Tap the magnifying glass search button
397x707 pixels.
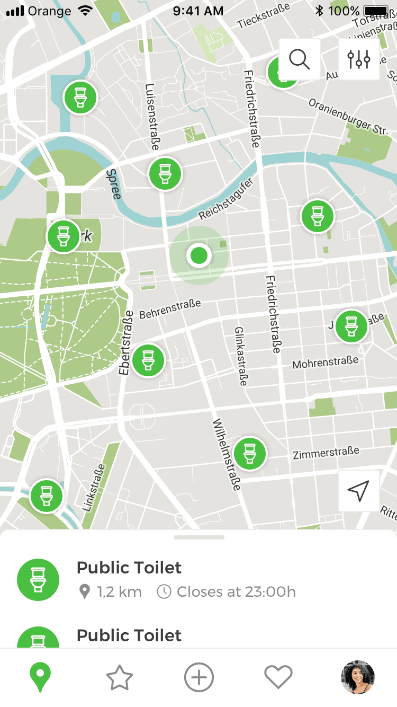[300, 59]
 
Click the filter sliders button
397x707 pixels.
[359, 59]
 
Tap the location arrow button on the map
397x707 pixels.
[358, 491]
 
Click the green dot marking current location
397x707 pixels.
[199, 255]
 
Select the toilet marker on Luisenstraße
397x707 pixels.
[165, 173]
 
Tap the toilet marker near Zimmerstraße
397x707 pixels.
[250, 453]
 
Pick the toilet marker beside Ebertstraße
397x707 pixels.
[148, 360]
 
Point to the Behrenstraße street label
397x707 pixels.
[170, 309]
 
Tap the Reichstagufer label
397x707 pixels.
[227, 199]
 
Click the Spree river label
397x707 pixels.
[113, 184]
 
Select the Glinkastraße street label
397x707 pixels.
[240, 356]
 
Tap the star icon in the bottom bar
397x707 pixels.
[120, 678]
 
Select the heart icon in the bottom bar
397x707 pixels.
[278, 678]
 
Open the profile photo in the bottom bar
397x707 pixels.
[358, 677]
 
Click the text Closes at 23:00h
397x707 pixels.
[236, 591]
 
